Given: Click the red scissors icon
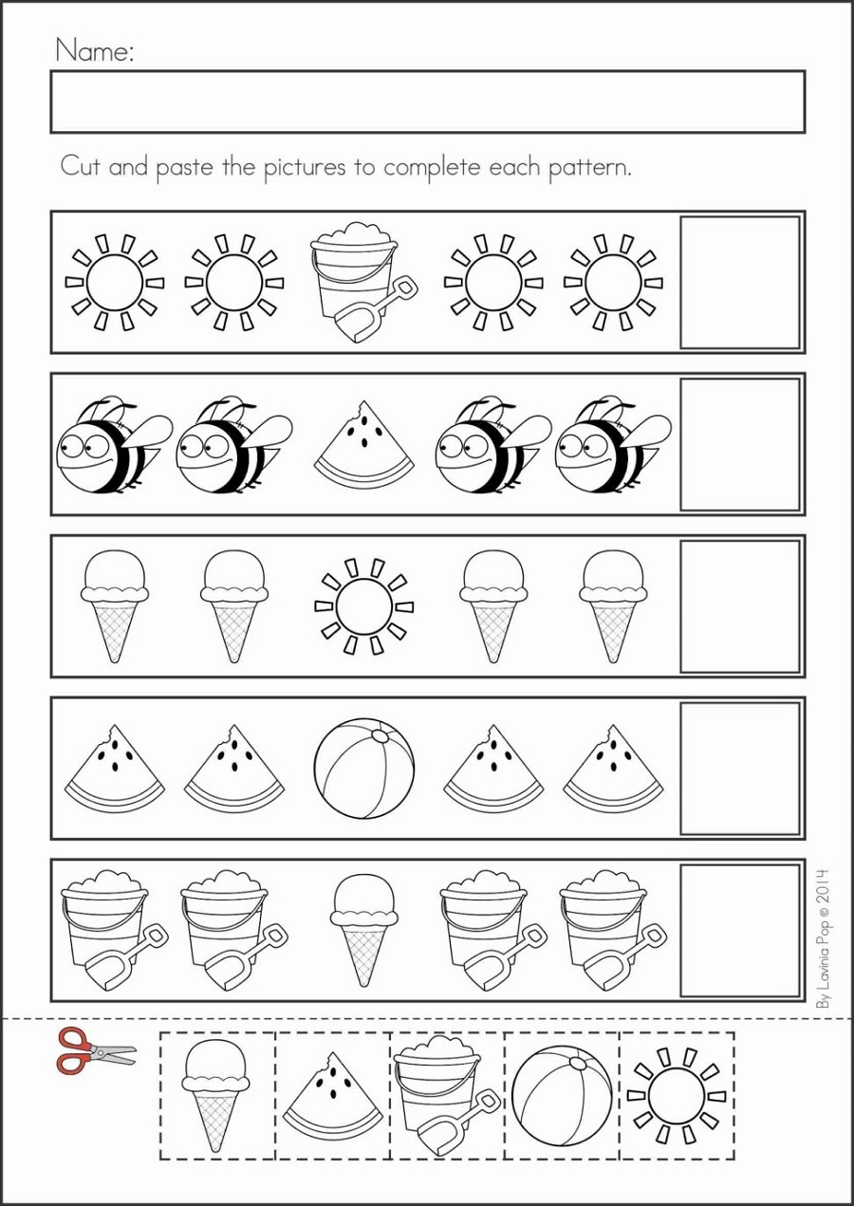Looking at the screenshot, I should [95, 1050].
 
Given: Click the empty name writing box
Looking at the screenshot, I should [427, 102].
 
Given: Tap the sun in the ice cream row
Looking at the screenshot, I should [364, 606].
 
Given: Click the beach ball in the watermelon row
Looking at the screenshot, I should [364, 769].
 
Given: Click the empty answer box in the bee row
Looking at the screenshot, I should [740, 444].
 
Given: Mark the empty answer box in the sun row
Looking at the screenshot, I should [740, 282].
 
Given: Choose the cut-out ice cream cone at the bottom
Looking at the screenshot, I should [216, 1095].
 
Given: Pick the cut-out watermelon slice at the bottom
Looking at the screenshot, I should [333, 1101].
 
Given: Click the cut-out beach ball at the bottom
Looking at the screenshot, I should [562, 1095].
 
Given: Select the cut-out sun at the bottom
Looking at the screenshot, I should [678, 1095].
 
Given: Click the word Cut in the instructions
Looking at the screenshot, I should [81, 168].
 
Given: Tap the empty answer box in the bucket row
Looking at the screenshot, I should [740, 930].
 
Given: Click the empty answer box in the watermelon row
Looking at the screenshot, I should [740, 769].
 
